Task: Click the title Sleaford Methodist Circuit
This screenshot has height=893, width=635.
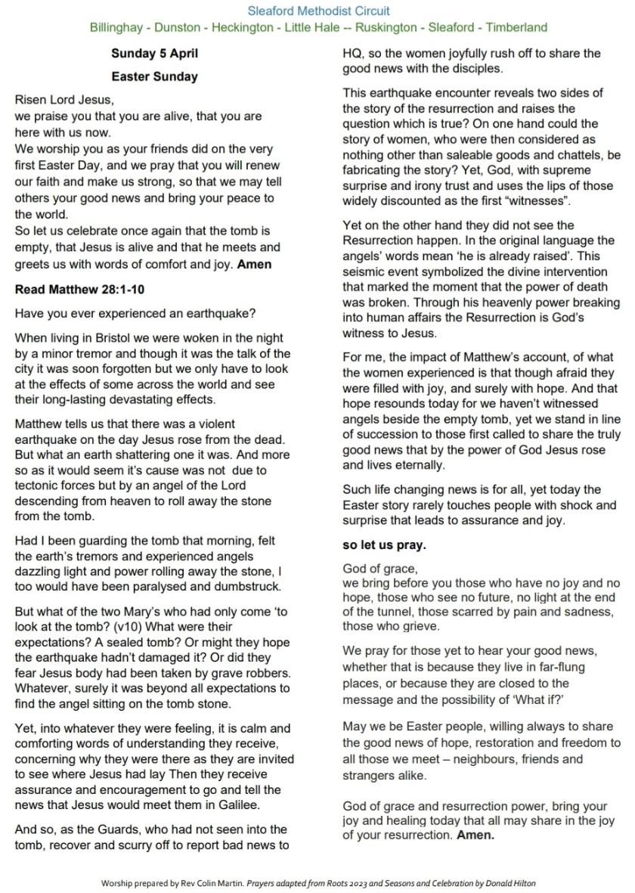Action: pos(318,11)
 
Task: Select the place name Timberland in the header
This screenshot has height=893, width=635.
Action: pos(516,28)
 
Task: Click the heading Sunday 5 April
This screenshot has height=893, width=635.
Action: pos(154,54)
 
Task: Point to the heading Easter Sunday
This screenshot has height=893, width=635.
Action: pos(154,76)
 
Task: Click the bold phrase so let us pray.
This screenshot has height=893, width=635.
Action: pos(384,544)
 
